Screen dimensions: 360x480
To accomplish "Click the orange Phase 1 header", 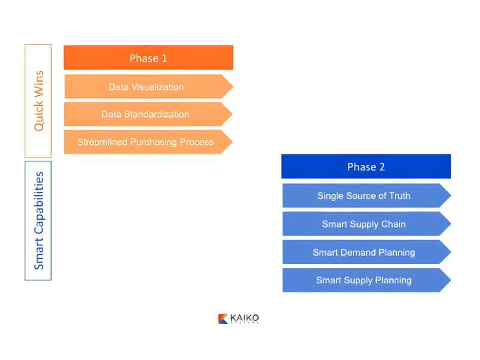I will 148,58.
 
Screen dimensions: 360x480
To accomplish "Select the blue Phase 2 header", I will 366,167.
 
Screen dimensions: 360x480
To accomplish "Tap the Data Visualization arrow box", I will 146,87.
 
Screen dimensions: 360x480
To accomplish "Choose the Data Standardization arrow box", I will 146,114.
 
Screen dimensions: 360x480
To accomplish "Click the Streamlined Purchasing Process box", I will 146,142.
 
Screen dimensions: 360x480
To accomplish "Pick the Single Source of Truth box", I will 364,196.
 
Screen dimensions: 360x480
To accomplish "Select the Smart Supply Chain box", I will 364,224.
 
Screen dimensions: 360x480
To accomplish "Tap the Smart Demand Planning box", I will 364,252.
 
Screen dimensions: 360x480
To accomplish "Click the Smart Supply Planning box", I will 364,280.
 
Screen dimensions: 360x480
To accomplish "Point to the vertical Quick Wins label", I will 38,101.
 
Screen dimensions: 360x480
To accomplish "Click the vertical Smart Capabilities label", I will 38,220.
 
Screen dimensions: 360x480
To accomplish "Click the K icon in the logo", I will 223,319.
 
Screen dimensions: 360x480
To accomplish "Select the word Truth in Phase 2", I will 398,196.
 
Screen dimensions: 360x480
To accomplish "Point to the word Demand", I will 367,252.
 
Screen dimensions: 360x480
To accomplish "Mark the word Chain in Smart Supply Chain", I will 394,224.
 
